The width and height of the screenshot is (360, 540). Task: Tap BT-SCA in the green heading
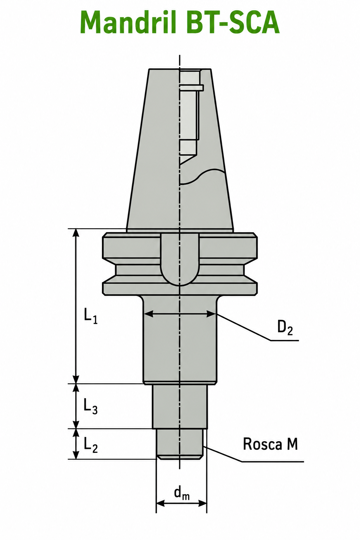tap(233, 22)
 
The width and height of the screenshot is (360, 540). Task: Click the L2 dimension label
tap(91, 445)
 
